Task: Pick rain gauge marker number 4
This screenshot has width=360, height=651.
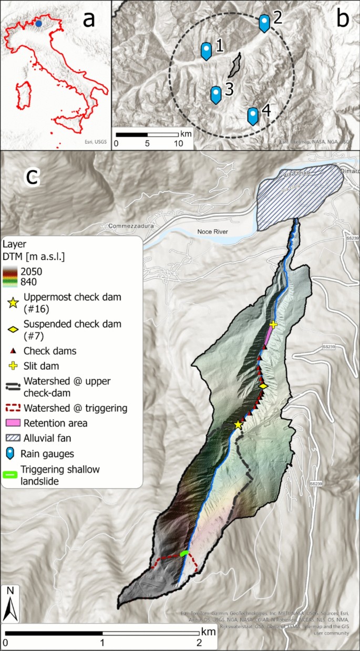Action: click(x=253, y=115)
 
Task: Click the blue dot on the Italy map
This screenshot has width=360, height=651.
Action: click(x=39, y=23)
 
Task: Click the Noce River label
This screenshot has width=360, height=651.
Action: click(x=215, y=231)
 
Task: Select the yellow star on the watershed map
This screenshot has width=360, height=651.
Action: click(x=238, y=424)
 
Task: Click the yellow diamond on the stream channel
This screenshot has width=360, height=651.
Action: click(x=263, y=386)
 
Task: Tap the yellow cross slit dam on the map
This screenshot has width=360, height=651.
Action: click(x=273, y=325)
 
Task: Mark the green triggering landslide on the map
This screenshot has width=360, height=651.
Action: click(x=184, y=553)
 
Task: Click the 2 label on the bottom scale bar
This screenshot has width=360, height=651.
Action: click(x=199, y=642)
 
